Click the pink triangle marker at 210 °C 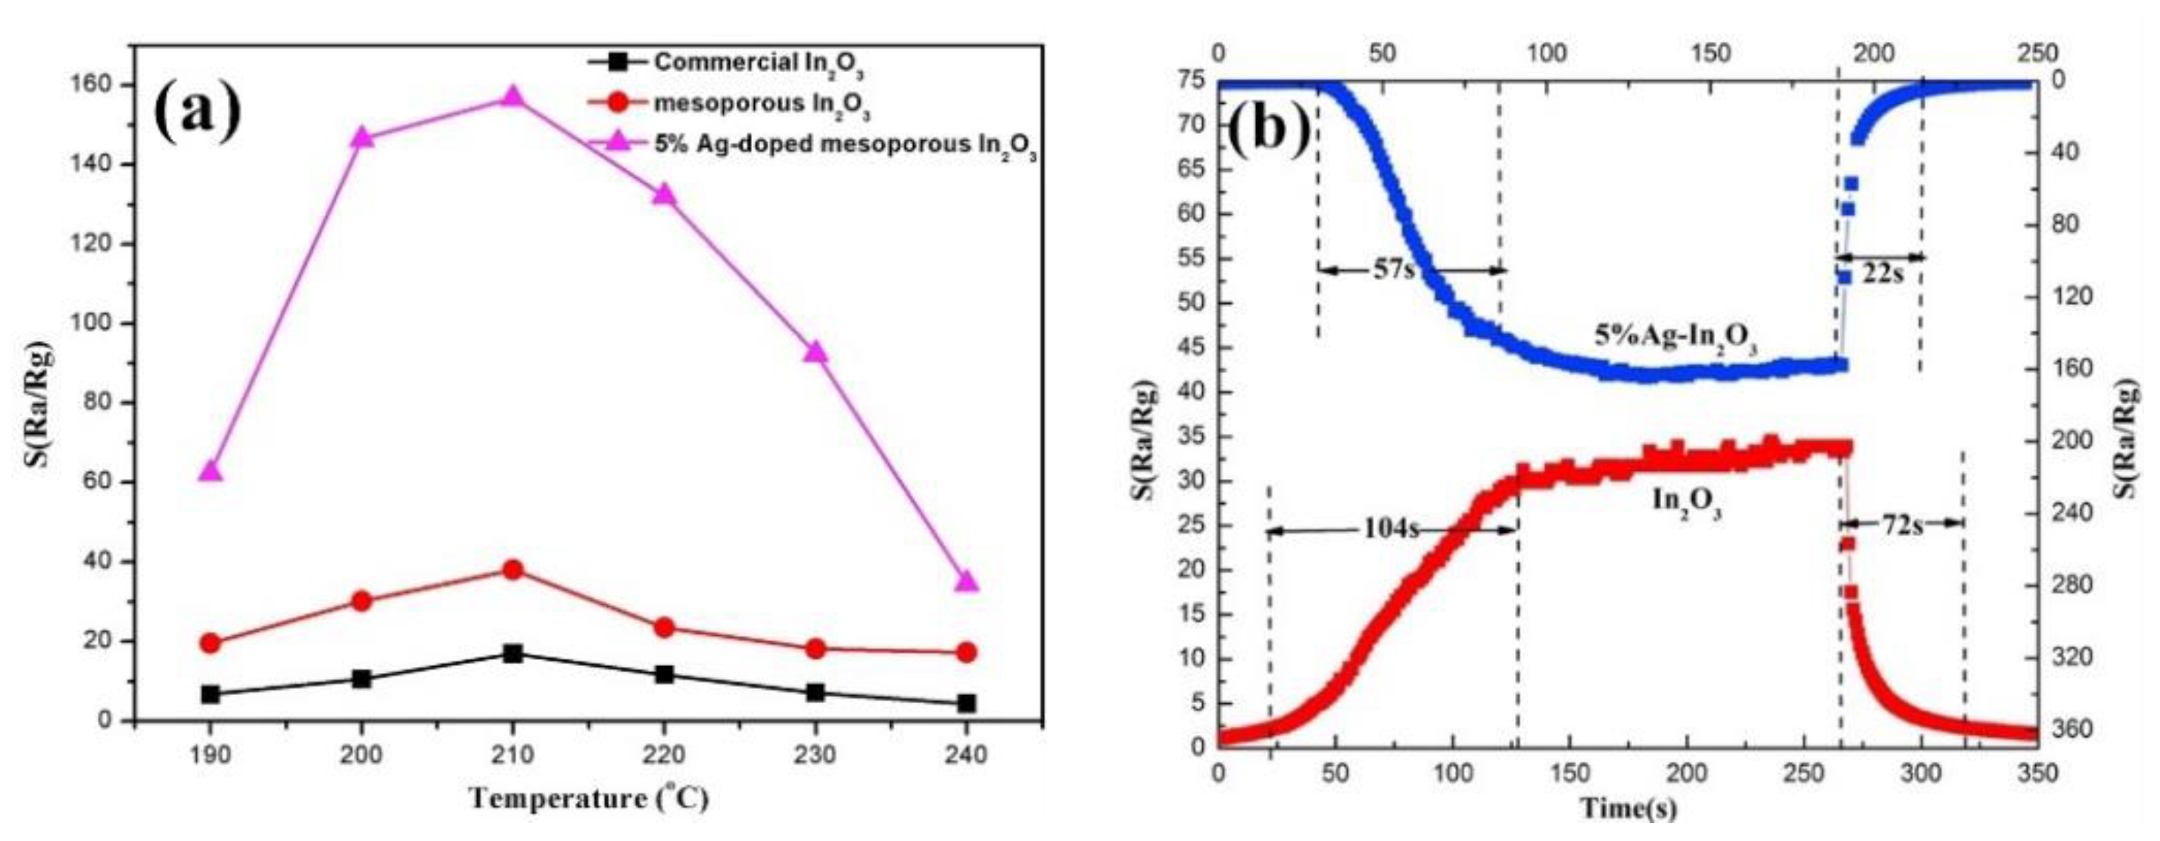click(513, 97)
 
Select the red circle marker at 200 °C click(361, 601)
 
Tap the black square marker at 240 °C click(966, 702)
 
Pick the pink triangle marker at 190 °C click(210, 472)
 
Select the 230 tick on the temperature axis click(814, 755)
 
